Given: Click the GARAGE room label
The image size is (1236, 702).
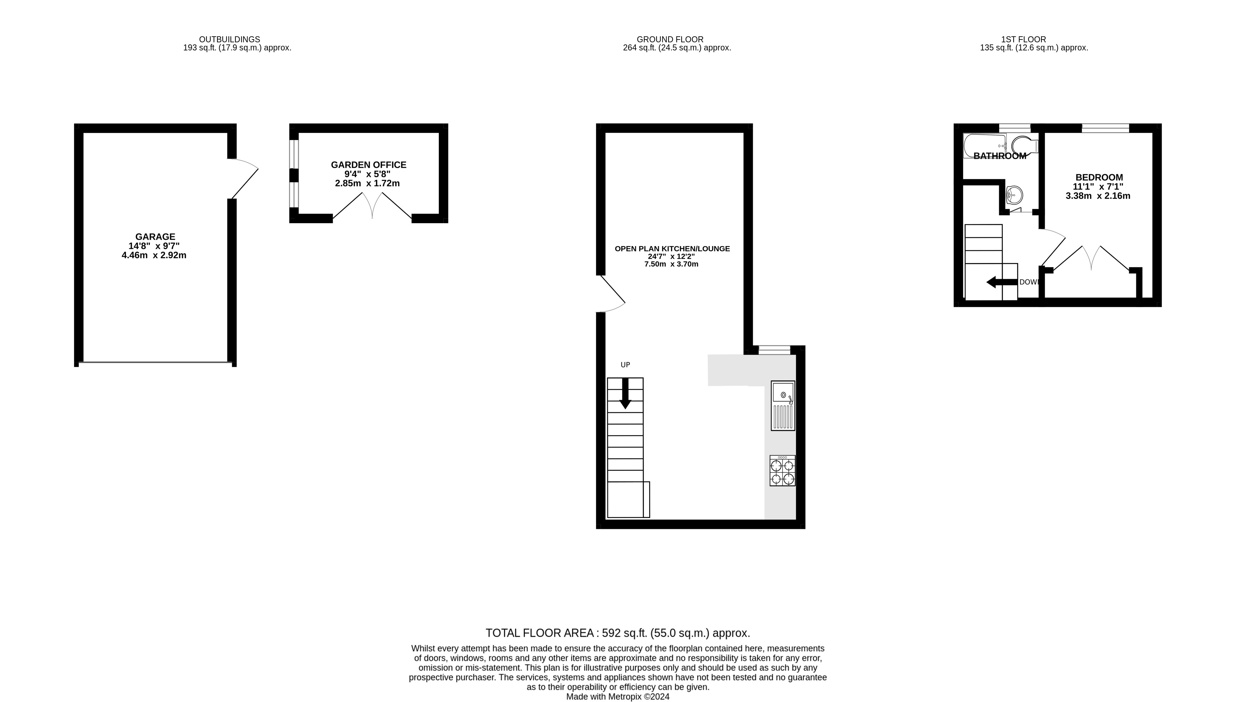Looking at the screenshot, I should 155,237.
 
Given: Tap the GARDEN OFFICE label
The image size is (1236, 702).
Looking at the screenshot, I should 368,165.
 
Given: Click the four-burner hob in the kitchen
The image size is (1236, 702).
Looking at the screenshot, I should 782,471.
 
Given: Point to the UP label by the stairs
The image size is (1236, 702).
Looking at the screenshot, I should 625,365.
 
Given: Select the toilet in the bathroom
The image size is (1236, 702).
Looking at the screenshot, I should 1024,145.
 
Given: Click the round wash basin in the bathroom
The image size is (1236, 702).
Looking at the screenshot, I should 1014,196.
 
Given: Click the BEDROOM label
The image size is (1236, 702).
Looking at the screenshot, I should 1099,177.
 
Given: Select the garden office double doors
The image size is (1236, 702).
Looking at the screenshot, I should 372,205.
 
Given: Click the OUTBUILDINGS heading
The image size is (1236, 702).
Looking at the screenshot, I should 229,39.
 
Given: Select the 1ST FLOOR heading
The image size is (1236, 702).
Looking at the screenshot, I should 1023,39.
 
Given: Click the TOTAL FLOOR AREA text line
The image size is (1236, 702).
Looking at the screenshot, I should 617,633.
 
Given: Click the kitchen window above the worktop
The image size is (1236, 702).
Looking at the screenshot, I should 774,350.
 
